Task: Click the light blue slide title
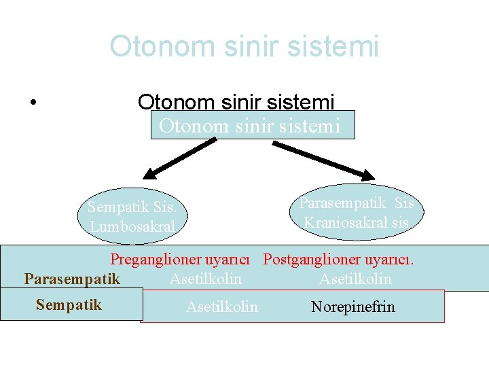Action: (244, 47)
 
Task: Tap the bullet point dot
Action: (33, 103)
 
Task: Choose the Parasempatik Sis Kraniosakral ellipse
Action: (357, 212)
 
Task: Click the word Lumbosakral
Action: (132, 226)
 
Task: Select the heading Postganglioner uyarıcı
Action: (338, 259)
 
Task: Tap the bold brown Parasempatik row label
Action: (72, 279)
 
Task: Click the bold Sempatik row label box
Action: (69, 304)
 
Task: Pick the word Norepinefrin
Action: (352, 307)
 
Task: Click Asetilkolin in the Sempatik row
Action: (221, 307)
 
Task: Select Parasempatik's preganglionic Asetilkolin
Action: (205, 279)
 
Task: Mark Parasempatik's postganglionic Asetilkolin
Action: (355, 279)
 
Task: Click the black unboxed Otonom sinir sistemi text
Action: (236, 102)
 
